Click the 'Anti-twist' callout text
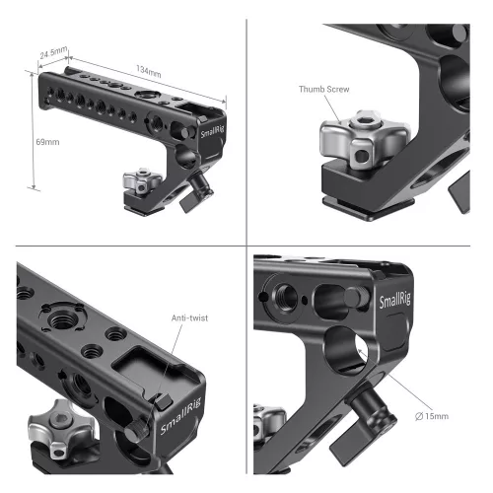pos(197,317)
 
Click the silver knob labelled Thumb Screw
pos(348,143)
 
